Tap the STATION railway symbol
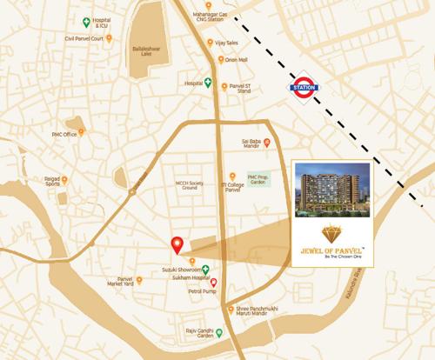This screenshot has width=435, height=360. [x=304, y=87]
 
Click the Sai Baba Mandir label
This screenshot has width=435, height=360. [x=251, y=143]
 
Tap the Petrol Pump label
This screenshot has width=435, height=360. [x=202, y=292]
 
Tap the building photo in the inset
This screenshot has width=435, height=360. [x=333, y=188]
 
